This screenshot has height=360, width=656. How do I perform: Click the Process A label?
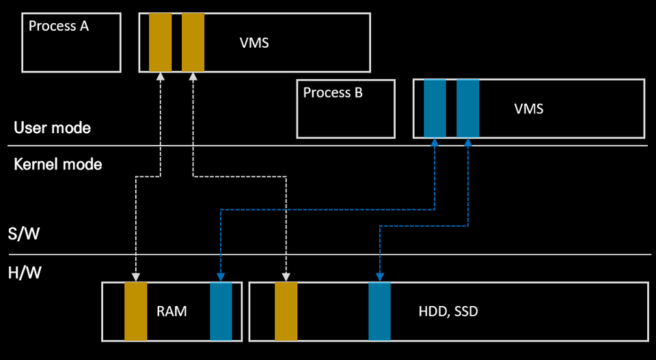click(59, 27)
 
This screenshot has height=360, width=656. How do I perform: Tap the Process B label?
click(333, 92)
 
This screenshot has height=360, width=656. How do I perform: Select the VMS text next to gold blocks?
click(254, 43)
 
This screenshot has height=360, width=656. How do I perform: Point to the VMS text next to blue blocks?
click(528, 108)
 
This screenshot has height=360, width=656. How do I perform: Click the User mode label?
click(52, 128)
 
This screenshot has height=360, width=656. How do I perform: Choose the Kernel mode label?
click(58, 164)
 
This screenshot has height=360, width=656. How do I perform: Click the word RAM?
click(172, 311)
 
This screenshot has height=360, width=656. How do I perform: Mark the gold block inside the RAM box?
click(135, 311)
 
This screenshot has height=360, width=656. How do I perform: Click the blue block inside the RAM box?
click(221, 311)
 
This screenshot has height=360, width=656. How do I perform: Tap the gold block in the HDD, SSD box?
click(286, 311)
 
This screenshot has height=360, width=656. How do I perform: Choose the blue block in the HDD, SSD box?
click(379, 311)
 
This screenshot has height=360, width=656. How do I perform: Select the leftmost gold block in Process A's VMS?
click(160, 42)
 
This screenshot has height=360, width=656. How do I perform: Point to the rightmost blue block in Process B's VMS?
click(467, 108)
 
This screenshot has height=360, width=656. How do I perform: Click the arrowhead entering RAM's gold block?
click(135, 277)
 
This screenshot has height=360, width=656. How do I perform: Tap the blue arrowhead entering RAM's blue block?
click(221, 277)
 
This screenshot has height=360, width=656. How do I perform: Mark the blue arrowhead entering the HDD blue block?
click(379, 277)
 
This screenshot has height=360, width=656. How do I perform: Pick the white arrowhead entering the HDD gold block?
click(286, 277)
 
